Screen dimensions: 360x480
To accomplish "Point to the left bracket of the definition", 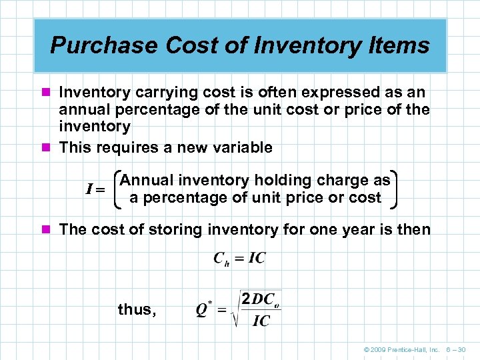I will pyautogui.click(x=118, y=189).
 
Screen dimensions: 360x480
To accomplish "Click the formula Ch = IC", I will pyautogui.click(x=239, y=259).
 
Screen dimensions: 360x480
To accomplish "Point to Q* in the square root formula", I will pyautogui.click(x=204, y=311).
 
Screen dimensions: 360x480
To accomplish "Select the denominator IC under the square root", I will pyautogui.click(x=261, y=321).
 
